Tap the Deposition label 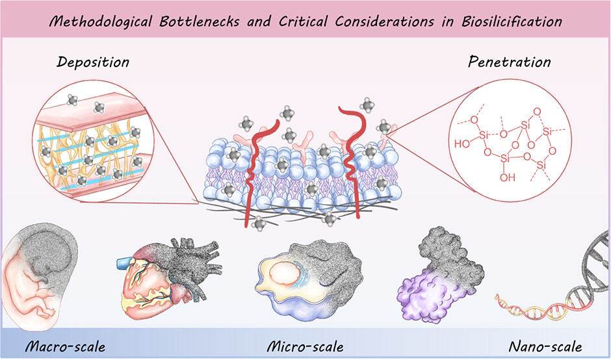[x=92, y=64]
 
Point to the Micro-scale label [x=305, y=345]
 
